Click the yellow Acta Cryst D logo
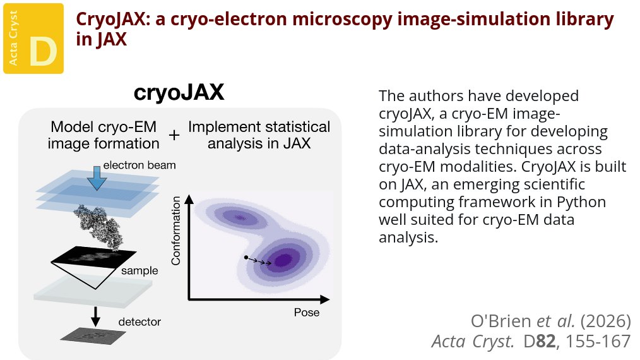pyautogui.click(x=33, y=37)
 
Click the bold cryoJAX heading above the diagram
pyautogui.click(x=179, y=93)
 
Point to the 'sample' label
pyautogui.click(x=140, y=270)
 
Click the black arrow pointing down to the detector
pyautogui.click(x=96, y=314)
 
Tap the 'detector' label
pyautogui.click(x=139, y=322)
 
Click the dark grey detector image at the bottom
pyautogui.click(x=94, y=334)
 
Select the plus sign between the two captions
pyautogui.click(x=174, y=135)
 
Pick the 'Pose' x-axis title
pyautogui.click(x=307, y=313)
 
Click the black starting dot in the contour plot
pyautogui.click(x=246, y=257)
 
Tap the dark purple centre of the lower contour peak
pyautogui.click(x=283, y=259)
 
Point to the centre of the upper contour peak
pyautogui.click(x=240, y=218)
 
